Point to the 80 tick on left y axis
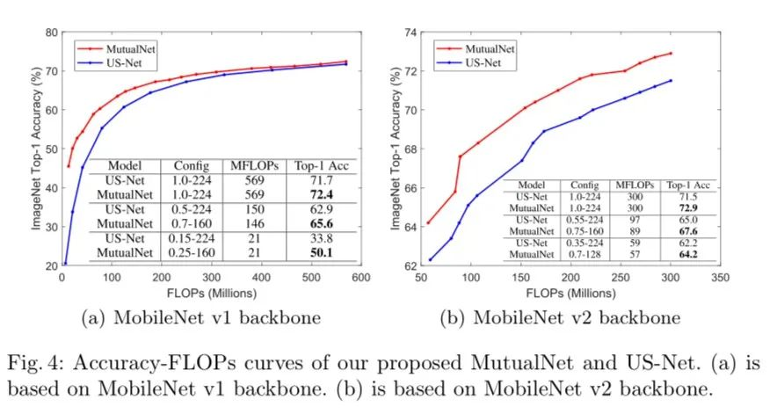click(52, 33)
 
